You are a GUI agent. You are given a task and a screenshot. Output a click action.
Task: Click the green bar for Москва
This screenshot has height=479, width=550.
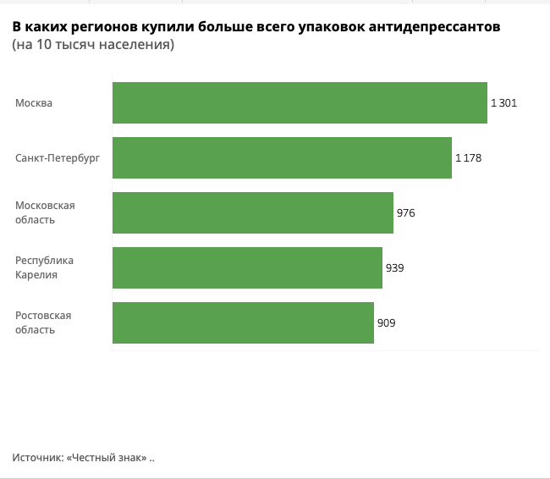(300, 103)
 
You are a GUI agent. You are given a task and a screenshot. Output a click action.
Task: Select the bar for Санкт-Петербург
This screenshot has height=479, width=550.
(282, 158)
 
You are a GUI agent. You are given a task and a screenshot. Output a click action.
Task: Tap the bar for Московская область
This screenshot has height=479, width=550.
(253, 213)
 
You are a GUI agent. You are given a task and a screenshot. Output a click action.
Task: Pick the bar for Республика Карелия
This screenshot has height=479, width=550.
(247, 268)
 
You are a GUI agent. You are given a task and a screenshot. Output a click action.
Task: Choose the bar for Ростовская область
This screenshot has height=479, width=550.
(243, 323)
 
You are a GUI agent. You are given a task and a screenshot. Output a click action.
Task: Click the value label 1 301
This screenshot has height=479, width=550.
(503, 103)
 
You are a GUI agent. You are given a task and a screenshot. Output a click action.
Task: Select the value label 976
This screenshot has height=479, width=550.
(406, 213)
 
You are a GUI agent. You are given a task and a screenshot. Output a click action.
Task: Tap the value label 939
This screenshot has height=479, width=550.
(394, 268)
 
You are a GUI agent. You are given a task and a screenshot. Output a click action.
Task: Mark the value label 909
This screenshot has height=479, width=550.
(386, 323)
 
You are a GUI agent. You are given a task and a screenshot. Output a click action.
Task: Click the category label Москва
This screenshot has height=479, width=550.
(34, 103)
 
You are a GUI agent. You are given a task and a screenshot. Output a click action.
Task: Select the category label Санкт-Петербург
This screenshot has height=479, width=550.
(58, 158)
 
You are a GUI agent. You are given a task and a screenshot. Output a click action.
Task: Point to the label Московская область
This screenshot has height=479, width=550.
(46, 213)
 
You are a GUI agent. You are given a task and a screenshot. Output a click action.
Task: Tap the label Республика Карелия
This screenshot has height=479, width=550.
(45, 268)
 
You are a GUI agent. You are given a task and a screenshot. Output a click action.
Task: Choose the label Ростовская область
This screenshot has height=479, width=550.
(43, 323)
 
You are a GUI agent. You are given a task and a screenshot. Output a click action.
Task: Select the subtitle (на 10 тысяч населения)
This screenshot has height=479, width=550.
(93, 45)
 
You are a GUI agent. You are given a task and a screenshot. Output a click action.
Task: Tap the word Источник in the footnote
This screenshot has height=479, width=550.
(36, 458)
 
